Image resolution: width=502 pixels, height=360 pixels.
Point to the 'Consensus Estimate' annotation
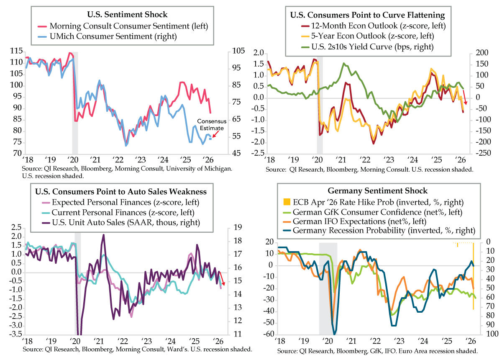click(x=211, y=125)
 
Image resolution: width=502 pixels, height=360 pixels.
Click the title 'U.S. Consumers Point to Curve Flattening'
click(x=367, y=15)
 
